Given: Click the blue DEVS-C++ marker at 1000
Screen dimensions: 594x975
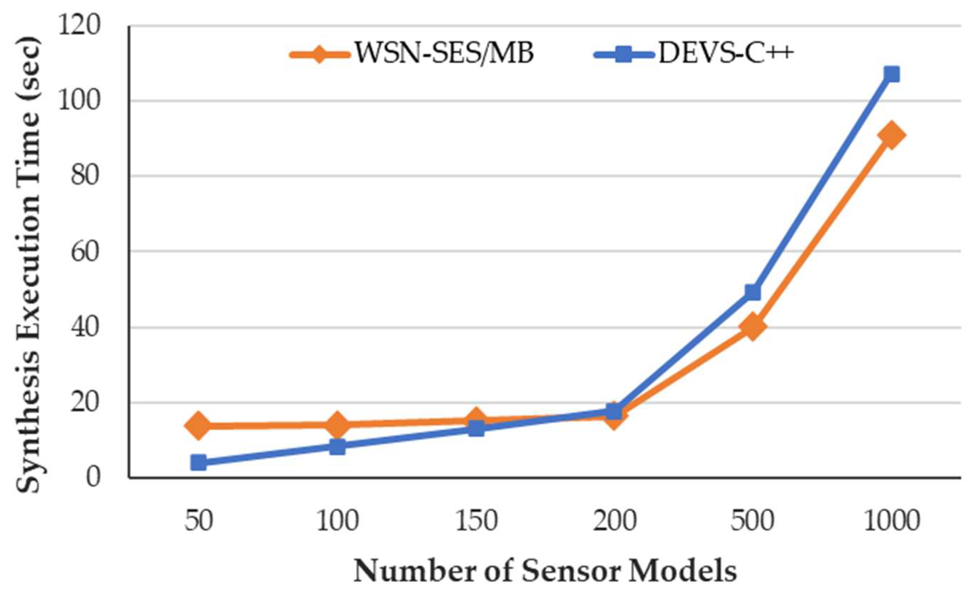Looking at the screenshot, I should click(891, 74).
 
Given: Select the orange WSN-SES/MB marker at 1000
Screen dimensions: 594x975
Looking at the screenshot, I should click(891, 135).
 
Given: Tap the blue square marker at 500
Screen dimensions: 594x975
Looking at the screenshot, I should click(753, 293).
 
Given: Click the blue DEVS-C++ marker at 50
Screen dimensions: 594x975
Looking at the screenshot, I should click(199, 462).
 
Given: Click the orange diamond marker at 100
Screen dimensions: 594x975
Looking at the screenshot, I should click(337, 424).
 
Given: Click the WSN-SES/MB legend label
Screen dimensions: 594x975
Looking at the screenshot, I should click(443, 53).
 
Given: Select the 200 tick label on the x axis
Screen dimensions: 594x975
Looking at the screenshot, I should click(614, 521).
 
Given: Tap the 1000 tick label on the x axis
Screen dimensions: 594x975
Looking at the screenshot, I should click(891, 521).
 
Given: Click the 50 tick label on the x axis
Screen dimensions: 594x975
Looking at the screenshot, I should click(199, 521).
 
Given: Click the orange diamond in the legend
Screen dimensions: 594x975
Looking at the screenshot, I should click(320, 54).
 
